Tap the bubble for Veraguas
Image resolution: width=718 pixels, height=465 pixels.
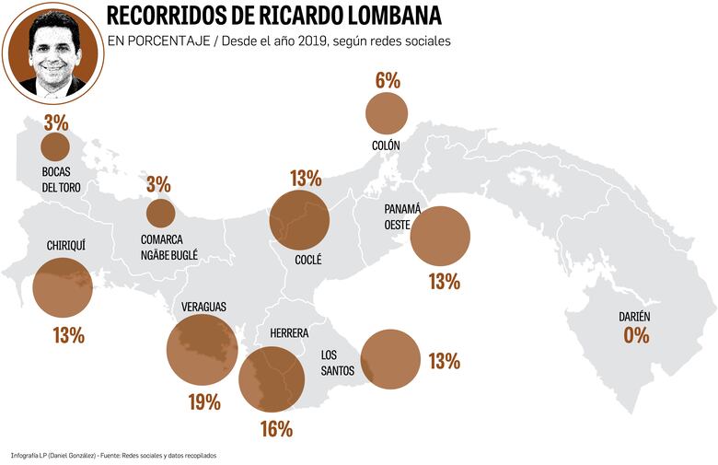203,349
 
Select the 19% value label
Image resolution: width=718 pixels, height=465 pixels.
203,401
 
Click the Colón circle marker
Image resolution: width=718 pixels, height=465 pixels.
387,113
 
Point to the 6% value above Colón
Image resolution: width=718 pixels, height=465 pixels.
388,80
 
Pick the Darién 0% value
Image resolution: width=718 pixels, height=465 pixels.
636,335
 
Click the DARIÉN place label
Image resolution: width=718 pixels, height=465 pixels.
634,317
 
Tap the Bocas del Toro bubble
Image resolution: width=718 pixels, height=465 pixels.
55,146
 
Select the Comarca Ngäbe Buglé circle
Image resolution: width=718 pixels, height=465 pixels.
160,213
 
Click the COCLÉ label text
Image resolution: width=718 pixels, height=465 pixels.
307,261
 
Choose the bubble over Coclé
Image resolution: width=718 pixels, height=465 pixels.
299,221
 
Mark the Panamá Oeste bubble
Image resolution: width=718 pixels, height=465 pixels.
440,236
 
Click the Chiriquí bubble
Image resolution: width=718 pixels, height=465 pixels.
63,287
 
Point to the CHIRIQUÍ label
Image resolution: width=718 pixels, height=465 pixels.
66,246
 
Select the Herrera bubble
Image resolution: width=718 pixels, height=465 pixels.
272,378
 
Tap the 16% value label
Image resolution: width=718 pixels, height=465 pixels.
275,428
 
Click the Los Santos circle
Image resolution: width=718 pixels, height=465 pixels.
390,360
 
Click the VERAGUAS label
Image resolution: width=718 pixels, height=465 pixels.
203,306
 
